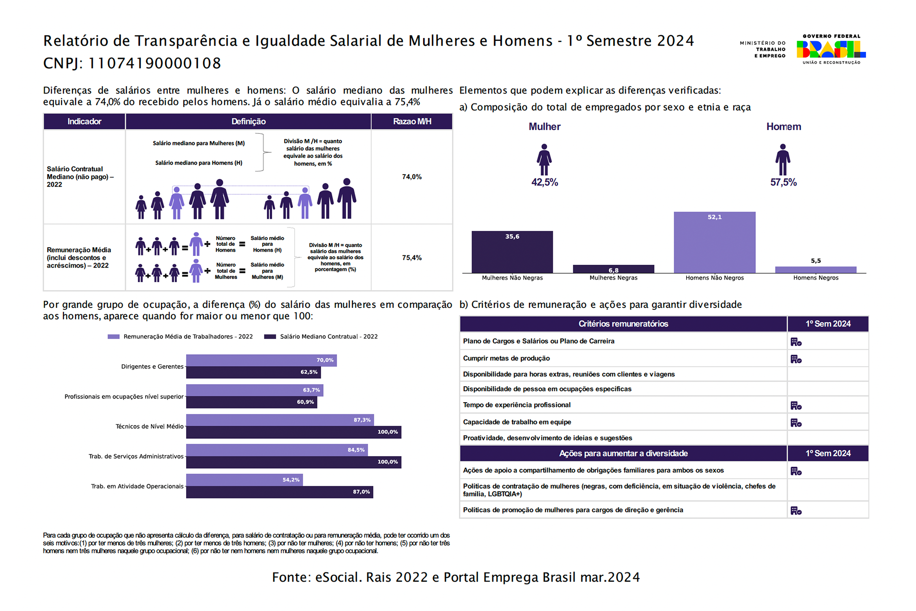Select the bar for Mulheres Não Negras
tap(512, 252)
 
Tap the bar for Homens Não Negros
tap(714, 242)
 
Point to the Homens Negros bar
tap(816, 269)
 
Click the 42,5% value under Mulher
tap(544, 182)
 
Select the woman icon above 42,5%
tap(544, 160)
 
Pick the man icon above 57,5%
tap(783, 160)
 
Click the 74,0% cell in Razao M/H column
tap(412, 177)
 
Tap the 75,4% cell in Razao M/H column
tap(412, 258)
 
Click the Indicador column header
tap(84, 122)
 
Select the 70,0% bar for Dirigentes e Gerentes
tap(261, 360)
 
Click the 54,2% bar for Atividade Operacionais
tap(244, 480)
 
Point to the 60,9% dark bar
tap(251, 402)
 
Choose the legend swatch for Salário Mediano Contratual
tap(270, 337)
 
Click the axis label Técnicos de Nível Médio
tap(150, 426)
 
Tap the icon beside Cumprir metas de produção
tap(796, 359)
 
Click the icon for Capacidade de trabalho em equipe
tap(796, 423)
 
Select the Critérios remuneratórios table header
tap(623, 324)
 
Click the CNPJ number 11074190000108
tap(154, 63)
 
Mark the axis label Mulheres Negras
tap(613, 278)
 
